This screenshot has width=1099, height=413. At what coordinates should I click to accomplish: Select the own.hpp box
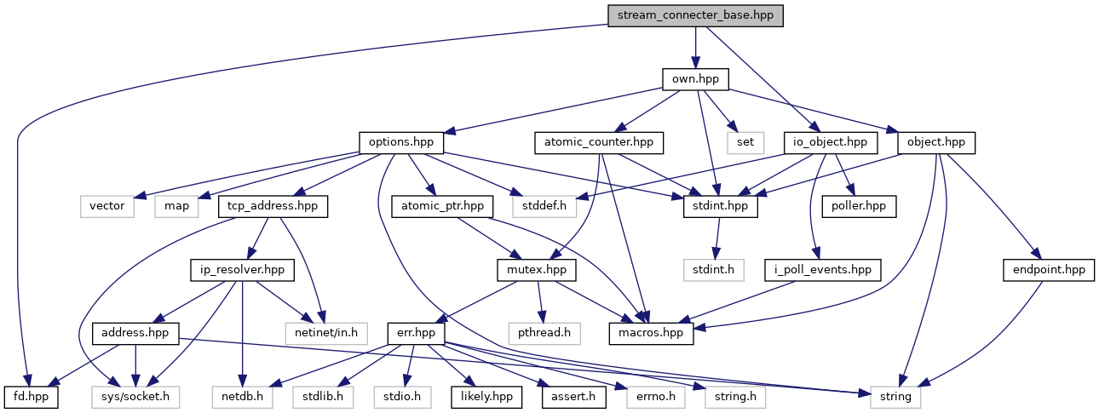[696, 79]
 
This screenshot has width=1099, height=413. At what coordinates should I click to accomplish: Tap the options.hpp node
[401, 142]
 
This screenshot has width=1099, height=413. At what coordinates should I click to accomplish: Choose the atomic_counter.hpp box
[598, 142]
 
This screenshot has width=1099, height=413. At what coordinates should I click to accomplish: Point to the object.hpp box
[936, 142]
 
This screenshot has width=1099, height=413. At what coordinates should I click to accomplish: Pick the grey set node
[745, 142]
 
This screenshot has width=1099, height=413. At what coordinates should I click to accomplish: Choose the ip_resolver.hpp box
[242, 270]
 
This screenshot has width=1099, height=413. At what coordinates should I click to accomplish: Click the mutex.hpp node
[536, 270]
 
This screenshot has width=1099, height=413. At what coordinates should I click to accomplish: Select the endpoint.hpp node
[1049, 270]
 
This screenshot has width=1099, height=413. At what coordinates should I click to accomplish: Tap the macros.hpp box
[651, 333]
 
